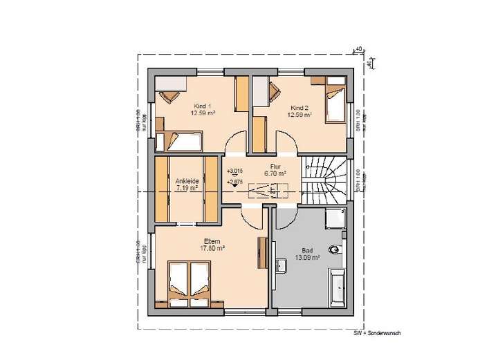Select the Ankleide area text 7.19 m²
click(x=187, y=187)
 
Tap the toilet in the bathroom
click(x=336, y=249)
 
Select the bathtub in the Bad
click(x=338, y=288)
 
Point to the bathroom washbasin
click(x=282, y=265)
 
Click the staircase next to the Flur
click(x=324, y=178)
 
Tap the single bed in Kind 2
click(x=334, y=103)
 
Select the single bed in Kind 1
click(x=181, y=142)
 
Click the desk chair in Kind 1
click(x=167, y=96)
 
